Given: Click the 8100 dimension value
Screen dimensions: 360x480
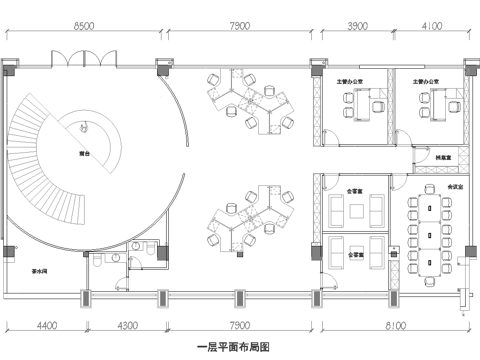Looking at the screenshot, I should pyautogui.click(x=394, y=323).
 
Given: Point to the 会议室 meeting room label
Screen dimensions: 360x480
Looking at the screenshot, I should pyautogui.click(x=455, y=186).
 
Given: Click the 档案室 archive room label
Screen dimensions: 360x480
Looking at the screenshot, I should pyautogui.click(x=441, y=159).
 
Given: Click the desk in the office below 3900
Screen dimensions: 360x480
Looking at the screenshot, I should pyautogui.click(x=360, y=101).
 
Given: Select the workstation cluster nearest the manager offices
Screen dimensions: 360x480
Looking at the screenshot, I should pyautogui.click(x=249, y=104).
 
